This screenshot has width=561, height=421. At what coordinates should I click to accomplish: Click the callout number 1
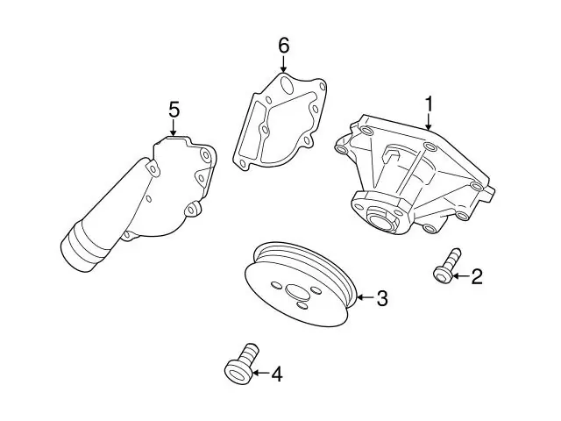(429, 104)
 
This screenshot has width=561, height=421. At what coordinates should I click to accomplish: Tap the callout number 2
(477, 277)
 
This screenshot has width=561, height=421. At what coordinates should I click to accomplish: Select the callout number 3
(382, 298)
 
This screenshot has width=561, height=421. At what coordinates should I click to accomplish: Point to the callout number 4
(277, 374)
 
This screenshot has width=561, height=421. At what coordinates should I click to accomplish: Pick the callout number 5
(174, 110)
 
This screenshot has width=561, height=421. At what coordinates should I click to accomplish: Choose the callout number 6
(284, 46)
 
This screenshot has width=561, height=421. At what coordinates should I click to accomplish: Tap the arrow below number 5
(174, 128)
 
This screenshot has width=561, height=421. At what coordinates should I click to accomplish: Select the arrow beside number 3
(366, 297)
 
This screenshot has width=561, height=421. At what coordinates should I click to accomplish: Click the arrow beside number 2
(461, 276)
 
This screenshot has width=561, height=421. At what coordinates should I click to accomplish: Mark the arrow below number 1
(429, 121)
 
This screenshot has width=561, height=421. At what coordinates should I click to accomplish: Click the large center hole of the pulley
(298, 292)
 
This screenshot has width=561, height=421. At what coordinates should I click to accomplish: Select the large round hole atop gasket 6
(287, 85)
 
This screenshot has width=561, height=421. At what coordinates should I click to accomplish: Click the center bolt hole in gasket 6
(265, 130)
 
